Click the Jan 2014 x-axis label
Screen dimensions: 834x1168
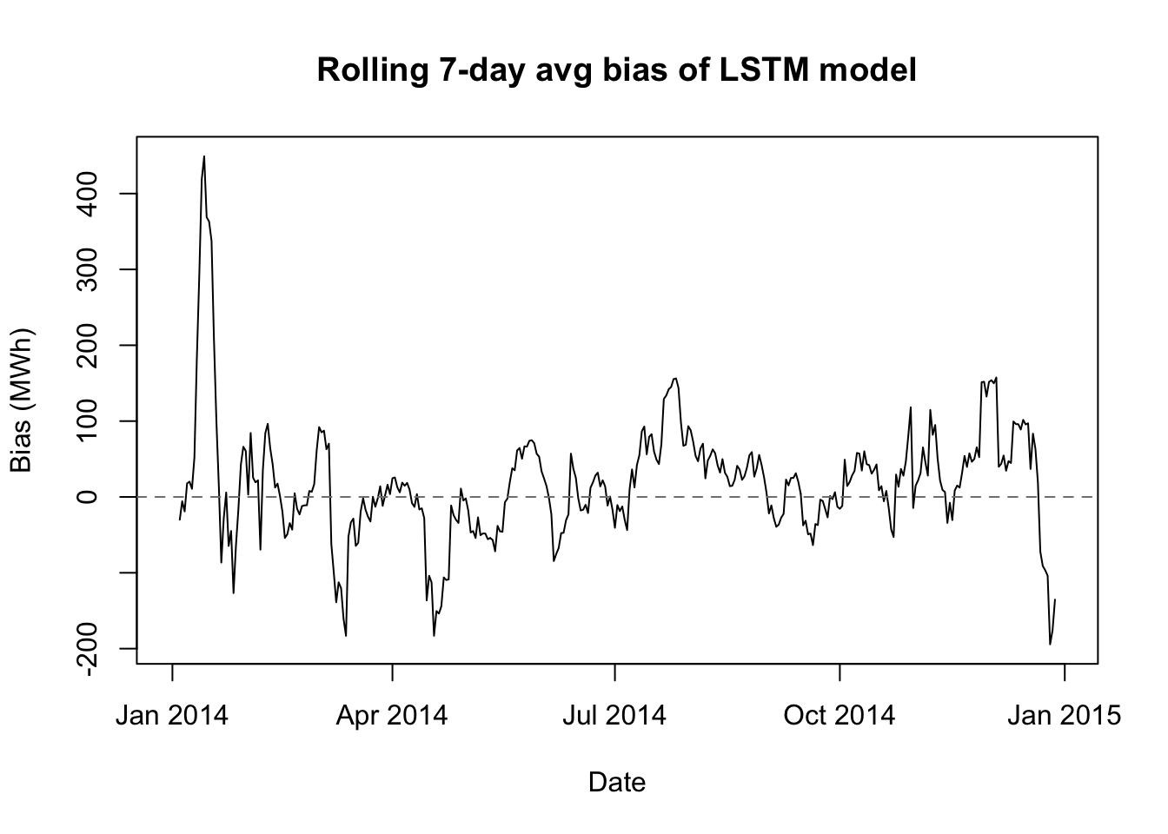coord(172,716)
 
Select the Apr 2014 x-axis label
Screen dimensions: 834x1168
coord(392,716)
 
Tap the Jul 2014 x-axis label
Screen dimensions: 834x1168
coord(614,716)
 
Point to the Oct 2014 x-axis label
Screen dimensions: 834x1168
coord(839,716)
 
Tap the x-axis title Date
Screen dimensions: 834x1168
coord(617,783)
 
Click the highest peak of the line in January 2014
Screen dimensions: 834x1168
coord(204,156)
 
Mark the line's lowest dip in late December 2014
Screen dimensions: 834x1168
coord(1050,644)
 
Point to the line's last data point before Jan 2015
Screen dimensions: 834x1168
coord(1055,599)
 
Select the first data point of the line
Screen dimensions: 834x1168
coord(180,520)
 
